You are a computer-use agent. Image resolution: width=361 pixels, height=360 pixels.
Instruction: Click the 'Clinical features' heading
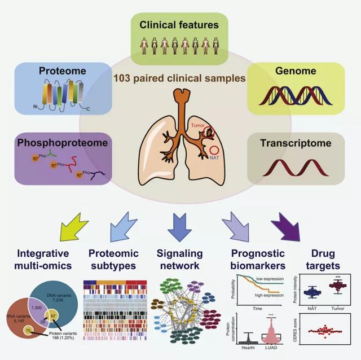180,25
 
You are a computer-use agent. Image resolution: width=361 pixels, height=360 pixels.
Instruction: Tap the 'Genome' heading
296,71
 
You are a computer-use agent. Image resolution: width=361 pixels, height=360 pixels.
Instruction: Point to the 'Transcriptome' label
296,143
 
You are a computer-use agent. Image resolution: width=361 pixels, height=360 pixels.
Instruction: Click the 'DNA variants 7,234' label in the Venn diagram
56,292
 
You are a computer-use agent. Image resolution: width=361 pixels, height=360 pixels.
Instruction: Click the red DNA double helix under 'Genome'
294,96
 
